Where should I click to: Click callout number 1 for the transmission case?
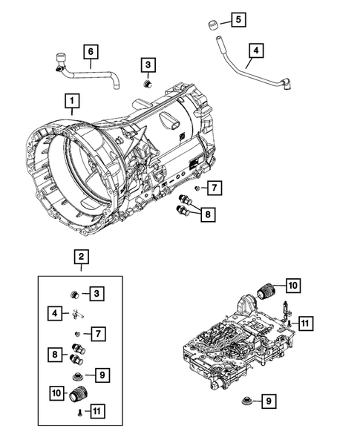point(72,99)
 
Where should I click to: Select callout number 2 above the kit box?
point(81,257)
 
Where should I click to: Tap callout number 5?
point(237,20)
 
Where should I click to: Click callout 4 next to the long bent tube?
point(256,51)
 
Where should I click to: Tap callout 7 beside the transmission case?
point(213,188)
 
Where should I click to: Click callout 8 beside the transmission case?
point(209,214)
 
